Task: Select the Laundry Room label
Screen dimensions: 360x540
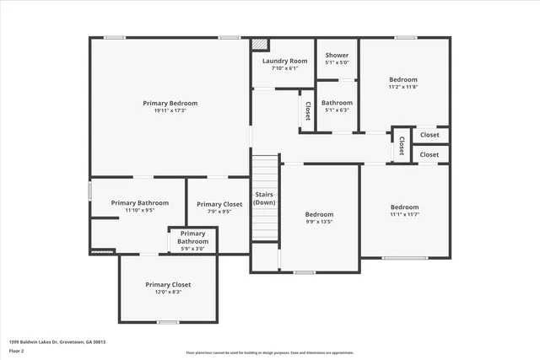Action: tap(284, 61)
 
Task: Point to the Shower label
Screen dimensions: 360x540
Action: tap(337, 55)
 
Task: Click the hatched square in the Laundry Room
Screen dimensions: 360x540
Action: tap(261, 44)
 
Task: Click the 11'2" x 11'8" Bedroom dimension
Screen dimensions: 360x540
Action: tap(402, 87)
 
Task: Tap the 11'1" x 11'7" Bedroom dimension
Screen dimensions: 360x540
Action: tap(404, 215)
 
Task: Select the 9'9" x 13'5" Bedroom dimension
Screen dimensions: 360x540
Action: tap(319, 222)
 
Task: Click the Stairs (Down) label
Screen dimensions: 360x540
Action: tap(264, 199)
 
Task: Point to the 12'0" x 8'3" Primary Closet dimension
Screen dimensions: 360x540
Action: tap(168, 292)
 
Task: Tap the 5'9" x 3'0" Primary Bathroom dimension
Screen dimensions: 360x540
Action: tap(192, 249)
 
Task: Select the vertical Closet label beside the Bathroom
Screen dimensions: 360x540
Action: tap(307, 110)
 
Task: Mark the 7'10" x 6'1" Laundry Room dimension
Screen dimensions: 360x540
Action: tap(284, 68)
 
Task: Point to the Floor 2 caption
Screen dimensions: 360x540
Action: tap(17, 351)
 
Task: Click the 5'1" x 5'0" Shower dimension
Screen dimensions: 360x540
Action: tap(337, 62)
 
